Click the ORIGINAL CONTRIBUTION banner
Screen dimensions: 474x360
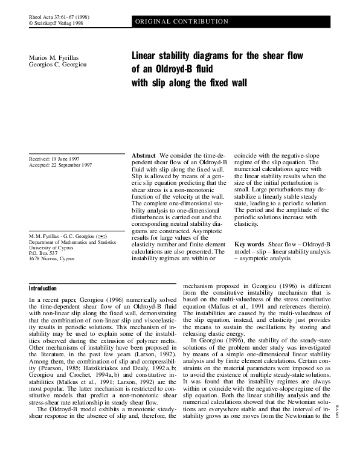pyautogui.click(x=181, y=22)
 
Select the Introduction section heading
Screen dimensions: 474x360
pyautogui.click(x=47, y=289)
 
